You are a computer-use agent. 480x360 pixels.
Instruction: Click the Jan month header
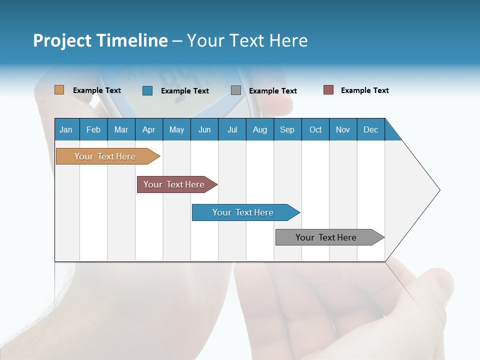pos(66,129)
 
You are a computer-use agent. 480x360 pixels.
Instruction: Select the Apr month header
pos(149,129)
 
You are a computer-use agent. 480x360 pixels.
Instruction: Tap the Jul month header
pos(232,129)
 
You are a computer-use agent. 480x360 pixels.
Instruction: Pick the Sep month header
pos(287,129)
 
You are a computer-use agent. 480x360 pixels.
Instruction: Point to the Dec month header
pos(370,129)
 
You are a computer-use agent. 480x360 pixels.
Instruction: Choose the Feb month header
pos(93,129)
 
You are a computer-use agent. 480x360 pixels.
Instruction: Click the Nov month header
pos(343,129)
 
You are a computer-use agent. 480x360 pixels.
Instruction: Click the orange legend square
pos(59,90)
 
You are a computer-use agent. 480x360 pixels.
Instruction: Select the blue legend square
pos(147,90)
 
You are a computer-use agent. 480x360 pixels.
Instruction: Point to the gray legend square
pos(236,90)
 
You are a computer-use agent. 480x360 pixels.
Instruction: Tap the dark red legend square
pos(328,90)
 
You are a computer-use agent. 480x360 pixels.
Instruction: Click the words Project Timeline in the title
pos(100,40)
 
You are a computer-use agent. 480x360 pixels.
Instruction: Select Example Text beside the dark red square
pos(364,90)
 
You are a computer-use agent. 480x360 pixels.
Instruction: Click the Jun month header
pos(204,129)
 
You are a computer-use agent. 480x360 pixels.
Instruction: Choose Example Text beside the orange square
pos(96,90)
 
